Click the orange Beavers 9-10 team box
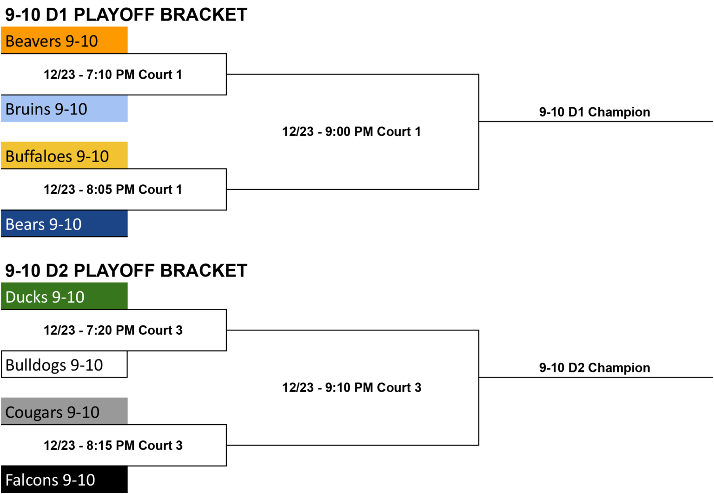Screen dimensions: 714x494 [x=65, y=40]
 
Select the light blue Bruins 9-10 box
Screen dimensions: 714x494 [x=65, y=108]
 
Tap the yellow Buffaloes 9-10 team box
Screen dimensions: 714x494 [x=65, y=156]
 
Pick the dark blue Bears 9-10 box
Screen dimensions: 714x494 [x=65, y=223]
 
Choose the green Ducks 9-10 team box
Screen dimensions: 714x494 [x=65, y=296]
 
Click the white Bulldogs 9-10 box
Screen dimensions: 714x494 [x=65, y=365]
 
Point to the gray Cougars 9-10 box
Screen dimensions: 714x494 [x=65, y=411]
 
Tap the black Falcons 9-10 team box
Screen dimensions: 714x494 [x=65, y=480]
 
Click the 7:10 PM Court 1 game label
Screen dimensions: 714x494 [x=113, y=74]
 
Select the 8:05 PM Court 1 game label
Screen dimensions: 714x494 [x=113, y=189]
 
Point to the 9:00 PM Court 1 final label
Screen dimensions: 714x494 [x=351, y=132]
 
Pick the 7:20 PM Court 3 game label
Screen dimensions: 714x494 [x=113, y=330]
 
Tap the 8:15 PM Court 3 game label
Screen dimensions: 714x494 [x=113, y=446]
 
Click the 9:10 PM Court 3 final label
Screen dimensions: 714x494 [x=351, y=388]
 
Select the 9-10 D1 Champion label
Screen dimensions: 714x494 [x=595, y=112]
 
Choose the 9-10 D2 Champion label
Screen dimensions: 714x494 [x=595, y=368]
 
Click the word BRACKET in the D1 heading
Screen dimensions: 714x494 [x=204, y=15]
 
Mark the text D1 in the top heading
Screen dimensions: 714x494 [x=57, y=15]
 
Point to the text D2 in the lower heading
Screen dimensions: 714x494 [x=57, y=271]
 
